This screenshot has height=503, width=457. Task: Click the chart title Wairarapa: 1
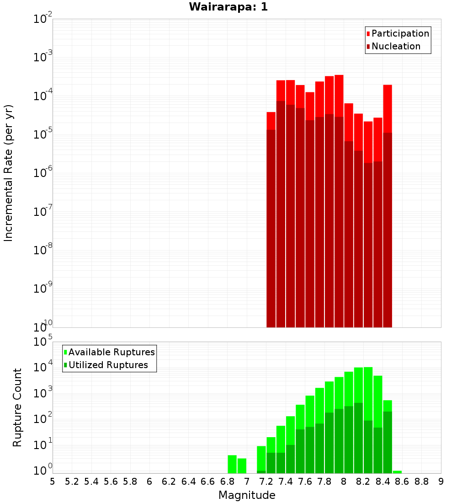[x=228, y=7]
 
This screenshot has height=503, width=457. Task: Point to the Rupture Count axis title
[x=17, y=407]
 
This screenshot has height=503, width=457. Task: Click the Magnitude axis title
[x=247, y=495]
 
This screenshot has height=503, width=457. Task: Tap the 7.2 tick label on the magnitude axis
[x=266, y=481]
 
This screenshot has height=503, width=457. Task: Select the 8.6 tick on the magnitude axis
[x=402, y=481]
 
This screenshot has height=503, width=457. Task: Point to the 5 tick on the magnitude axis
[x=52, y=481]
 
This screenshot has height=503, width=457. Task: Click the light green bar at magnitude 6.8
[x=232, y=464]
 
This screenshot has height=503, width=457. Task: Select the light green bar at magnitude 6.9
[x=242, y=466]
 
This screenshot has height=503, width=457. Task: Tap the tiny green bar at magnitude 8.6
[x=397, y=472]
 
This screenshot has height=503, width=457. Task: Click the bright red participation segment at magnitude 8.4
[x=388, y=108]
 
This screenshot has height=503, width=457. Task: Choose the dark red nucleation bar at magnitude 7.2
[x=271, y=229]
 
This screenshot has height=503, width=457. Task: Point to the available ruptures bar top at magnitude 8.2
[x=368, y=369]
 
